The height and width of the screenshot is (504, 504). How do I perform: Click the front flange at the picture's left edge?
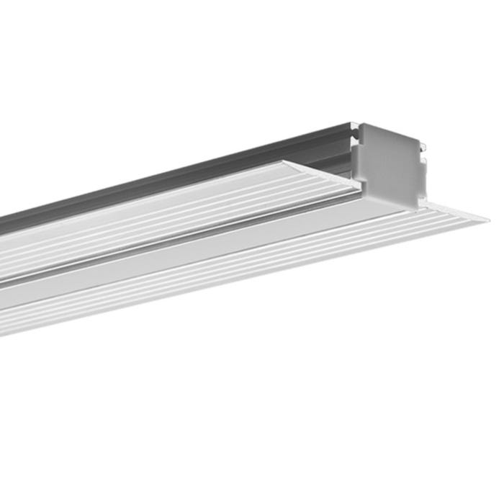(x=7, y=317)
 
